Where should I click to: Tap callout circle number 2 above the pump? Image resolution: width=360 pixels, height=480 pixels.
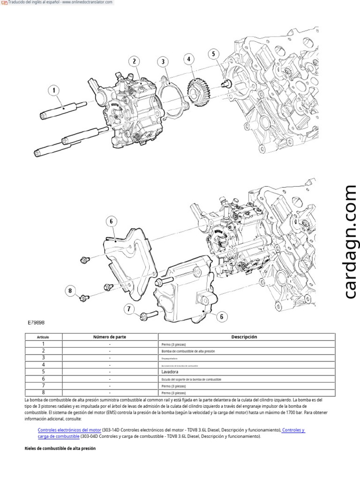coord(135,61)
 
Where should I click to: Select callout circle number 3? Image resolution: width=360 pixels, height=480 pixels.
coord(163,62)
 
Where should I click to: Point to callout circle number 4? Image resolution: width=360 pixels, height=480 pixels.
coord(189,59)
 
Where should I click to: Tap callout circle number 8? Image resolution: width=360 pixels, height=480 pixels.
coord(72,292)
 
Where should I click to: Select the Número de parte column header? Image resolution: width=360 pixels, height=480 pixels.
coord(110,337)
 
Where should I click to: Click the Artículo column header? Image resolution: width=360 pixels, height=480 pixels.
coord(43,337)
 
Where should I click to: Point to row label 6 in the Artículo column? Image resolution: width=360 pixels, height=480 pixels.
coord(43,378)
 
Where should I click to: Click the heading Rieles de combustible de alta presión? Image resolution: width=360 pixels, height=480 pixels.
coord(60,448)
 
